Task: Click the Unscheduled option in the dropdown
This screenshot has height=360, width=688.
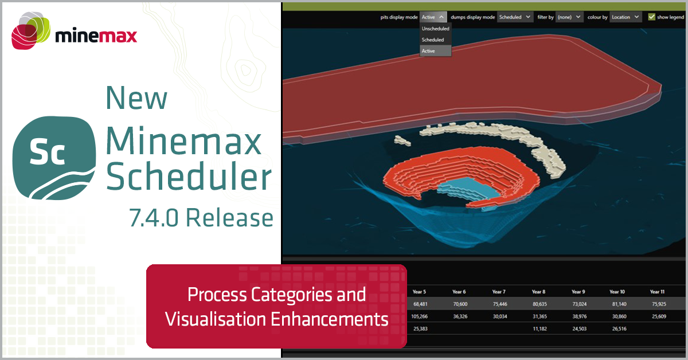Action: [x=436, y=28]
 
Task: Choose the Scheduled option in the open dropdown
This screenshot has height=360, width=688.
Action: [x=433, y=40]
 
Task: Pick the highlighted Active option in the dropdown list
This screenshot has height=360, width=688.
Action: [x=429, y=51]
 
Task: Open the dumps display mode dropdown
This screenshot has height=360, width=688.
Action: [x=515, y=17]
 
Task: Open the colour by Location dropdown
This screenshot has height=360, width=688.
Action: [x=625, y=17]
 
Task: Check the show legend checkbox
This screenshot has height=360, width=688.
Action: [x=651, y=17]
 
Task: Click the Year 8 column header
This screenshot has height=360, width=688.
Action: [x=538, y=292]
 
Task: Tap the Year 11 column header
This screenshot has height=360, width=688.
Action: [x=657, y=292]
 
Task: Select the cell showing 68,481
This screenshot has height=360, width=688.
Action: [x=421, y=304]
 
